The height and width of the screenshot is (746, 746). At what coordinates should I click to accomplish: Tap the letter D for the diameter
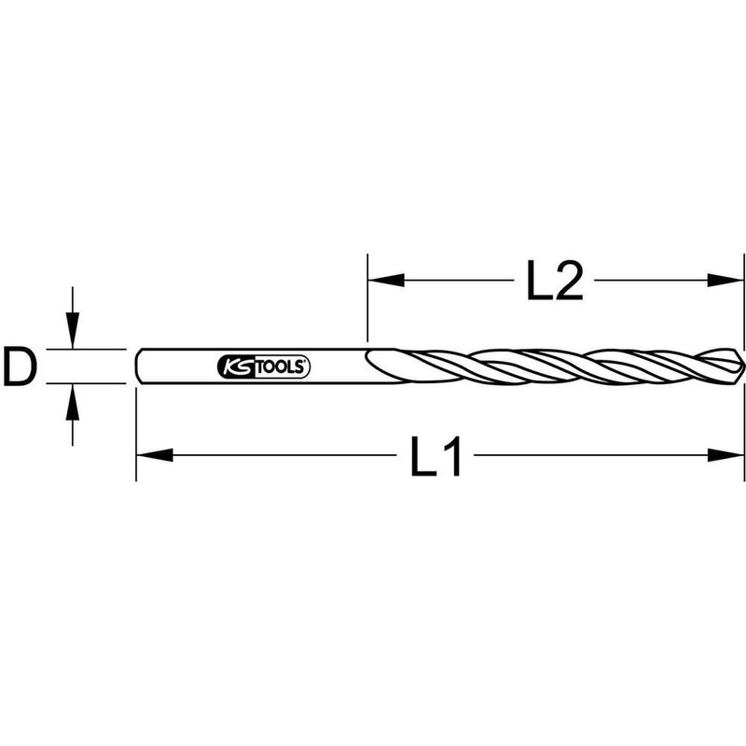pos(20,366)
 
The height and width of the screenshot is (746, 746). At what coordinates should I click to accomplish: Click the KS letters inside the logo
pos(235,366)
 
